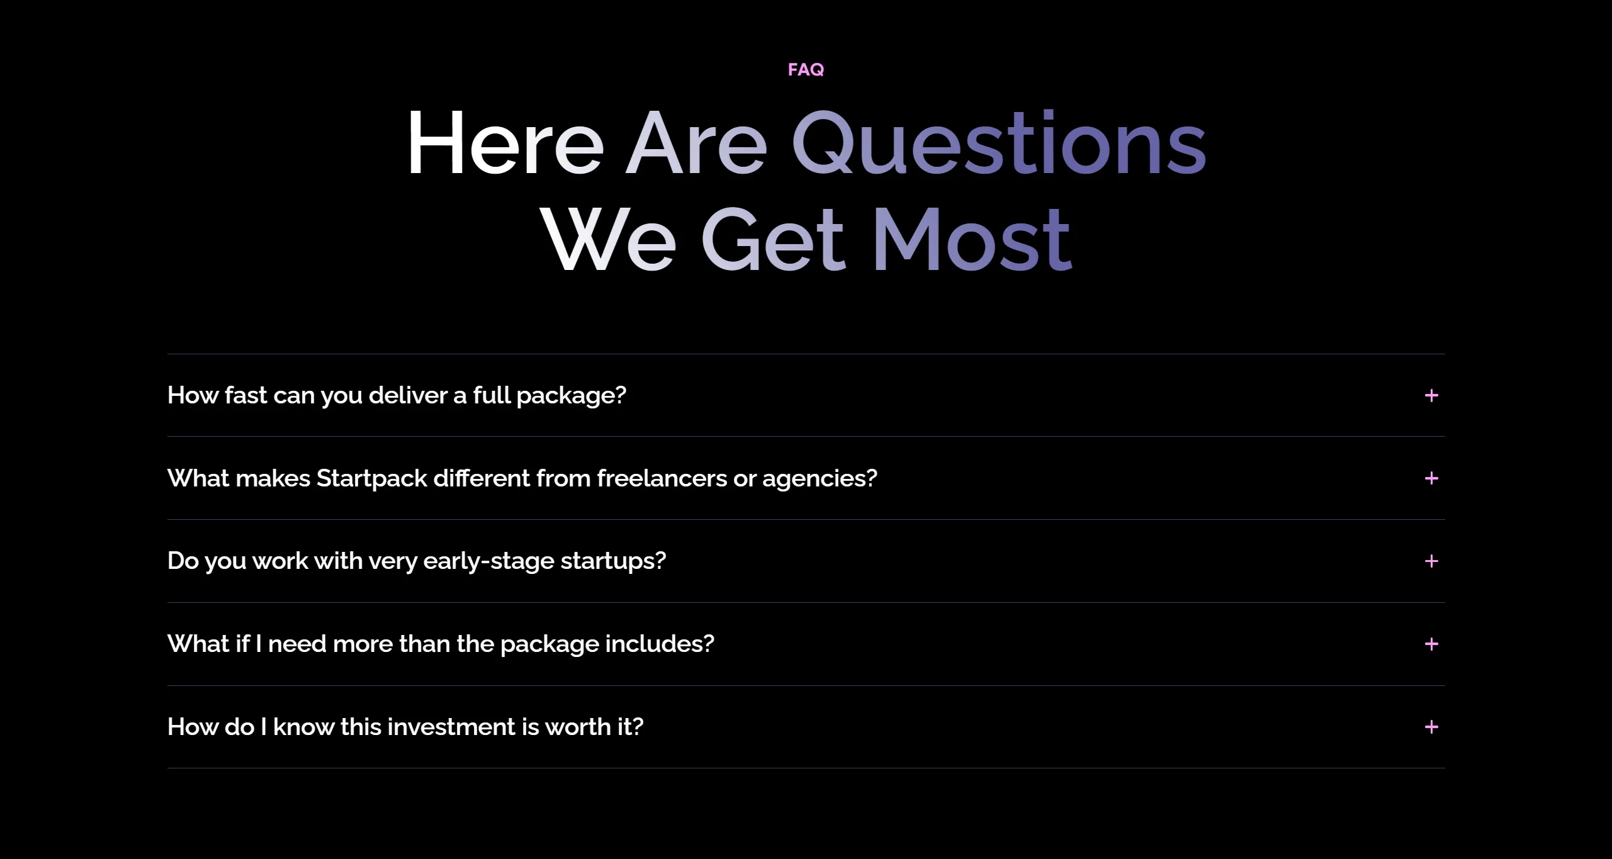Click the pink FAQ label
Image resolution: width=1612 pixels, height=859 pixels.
pyautogui.click(x=806, y=69)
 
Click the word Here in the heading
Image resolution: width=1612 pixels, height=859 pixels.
pyautogui.click(x=505, y=143)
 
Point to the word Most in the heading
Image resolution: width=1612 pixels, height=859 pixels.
pyautogui.click(x=972, y=240)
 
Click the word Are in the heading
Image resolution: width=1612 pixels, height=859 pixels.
pyautogui.click(x=696, y=143)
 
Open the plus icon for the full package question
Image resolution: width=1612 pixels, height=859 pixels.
pyautogui.click(x=1431, y=395)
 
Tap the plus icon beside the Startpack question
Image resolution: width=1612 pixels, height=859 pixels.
pyautogui.click(x=1431, y=478)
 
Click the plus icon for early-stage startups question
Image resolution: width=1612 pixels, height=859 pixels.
pyautogui.click(x=1431, y=561)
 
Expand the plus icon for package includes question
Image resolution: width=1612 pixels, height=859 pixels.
pyautogui.click(x=1431, y=644)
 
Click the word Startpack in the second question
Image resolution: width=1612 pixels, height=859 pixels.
pyautogui.click(x=372, y=479)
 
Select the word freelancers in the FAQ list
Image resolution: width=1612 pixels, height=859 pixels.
pyautogui.click(x=662, y=478)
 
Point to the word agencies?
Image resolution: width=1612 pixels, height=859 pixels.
pyautogui.click(x=820, y=480)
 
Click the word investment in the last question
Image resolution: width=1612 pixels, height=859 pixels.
pyautogui.click(x=451, y=727)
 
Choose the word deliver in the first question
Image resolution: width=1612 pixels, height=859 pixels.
pyautogui.click(x=409, y=395)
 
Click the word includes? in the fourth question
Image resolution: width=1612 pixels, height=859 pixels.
pyautogui.click(x=660, y=644)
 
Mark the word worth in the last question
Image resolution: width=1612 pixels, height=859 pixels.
pyautogui.click(x=578, y=727)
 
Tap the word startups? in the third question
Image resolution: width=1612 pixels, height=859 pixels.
pyautogui.click(x=613, y=561)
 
